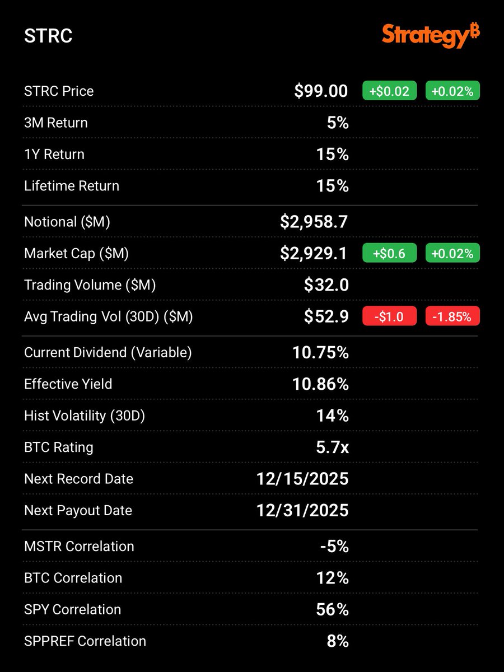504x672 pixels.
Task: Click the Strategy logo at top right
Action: click(431, 36)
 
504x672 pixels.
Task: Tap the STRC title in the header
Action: click(48, 36)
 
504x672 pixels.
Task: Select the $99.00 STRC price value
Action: click(321, 91)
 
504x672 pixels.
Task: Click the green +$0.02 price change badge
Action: click(390, 91)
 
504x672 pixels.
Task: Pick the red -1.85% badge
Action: click(452, 316)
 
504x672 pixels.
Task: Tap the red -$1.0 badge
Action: click(390, 316)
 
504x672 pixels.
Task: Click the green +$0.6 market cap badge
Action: click(390, 253)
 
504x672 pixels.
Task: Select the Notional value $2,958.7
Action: click(314, 222)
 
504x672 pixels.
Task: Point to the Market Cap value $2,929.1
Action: click(314, 253)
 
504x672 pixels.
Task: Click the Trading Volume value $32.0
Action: click(326, 285)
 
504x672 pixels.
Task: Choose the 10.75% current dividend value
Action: click(320, 352)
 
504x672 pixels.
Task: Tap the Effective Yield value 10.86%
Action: click(320, 384)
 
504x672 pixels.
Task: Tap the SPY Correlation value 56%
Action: click(333, 609)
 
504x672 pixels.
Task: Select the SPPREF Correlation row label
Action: click(85, 641)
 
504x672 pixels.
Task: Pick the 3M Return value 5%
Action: click(338, 123)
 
